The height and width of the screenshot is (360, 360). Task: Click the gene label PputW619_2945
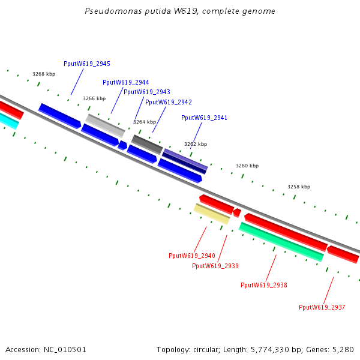87,64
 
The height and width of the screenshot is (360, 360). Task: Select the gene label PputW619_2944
126,82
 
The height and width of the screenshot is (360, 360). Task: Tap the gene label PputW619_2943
147,92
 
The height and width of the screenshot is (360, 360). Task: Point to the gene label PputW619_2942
169,102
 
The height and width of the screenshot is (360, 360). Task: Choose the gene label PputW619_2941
205,118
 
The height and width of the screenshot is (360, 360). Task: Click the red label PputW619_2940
192,256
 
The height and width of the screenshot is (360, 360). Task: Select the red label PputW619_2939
215,266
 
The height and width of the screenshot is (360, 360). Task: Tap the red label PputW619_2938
264,285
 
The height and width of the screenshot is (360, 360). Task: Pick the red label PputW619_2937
322,307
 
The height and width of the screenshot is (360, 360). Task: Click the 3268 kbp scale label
44,74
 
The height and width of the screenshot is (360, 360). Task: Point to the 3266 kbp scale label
94,98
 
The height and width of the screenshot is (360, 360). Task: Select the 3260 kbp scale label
247,166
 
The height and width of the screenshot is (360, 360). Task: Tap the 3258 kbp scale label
299,187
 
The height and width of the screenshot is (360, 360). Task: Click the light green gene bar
281,242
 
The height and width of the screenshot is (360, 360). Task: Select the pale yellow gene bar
212,214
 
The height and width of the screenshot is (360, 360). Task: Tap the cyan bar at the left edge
9,120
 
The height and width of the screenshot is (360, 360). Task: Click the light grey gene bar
106,125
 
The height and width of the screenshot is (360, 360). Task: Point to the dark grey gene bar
147,145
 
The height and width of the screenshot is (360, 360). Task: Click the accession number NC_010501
65,350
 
